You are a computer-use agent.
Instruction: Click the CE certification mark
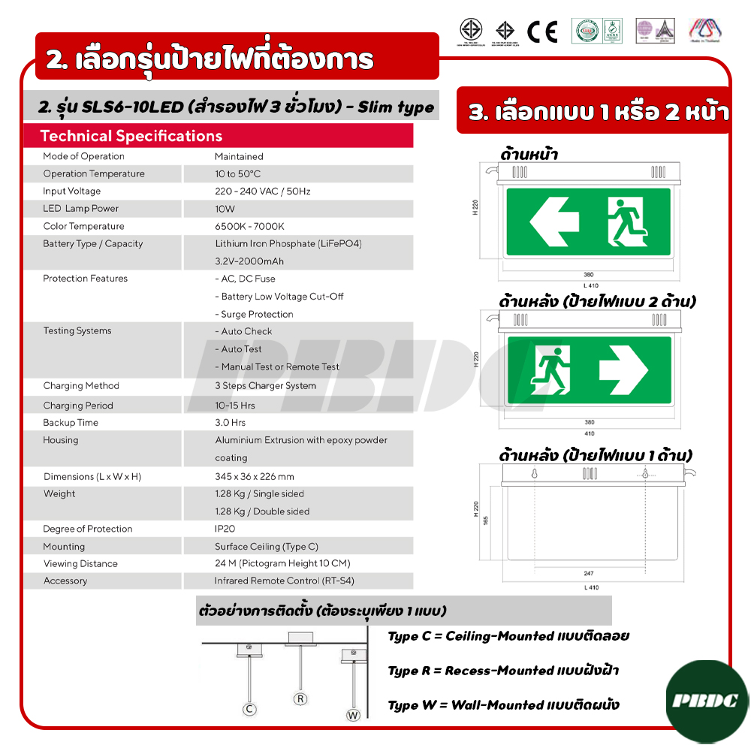pyautogui.click(x=541, y=32)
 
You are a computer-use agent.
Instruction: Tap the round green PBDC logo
pyautogui.click(x=707, y=700)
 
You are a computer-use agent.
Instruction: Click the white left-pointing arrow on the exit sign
pyautogui.click(x=553, y=221)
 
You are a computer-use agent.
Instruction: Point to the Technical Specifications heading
pyautogui.click(x=131, y=136)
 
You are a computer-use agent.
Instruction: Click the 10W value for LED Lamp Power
pyautogui.click(x=225, y=209)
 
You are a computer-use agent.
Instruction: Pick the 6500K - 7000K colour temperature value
pyautogui.click(x=249, y=226)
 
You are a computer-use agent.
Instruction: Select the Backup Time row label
pyautogui.click(x=71, y=423)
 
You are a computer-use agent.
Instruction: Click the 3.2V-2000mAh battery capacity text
pyautogui.click(x=249, y=261)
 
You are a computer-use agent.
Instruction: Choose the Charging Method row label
pyautogui.click(x=81, y=386)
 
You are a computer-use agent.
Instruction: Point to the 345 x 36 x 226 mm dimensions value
pyautogui.click(x=255, y=476)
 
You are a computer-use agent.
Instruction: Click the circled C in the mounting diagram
pyautogui.click(x=250, y=709)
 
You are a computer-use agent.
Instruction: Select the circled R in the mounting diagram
pyautogui.click(x=300, y=698)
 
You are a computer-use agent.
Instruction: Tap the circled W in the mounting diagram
pyautogui.click(x=353, y=715)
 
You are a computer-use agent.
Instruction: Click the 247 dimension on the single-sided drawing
pyautogui.click(x=589, y=573)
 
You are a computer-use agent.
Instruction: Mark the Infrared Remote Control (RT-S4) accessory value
pyautogui.click(x=285, y=581)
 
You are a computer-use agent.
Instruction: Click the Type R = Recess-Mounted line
pyautogui.click(x=503, y=671)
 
